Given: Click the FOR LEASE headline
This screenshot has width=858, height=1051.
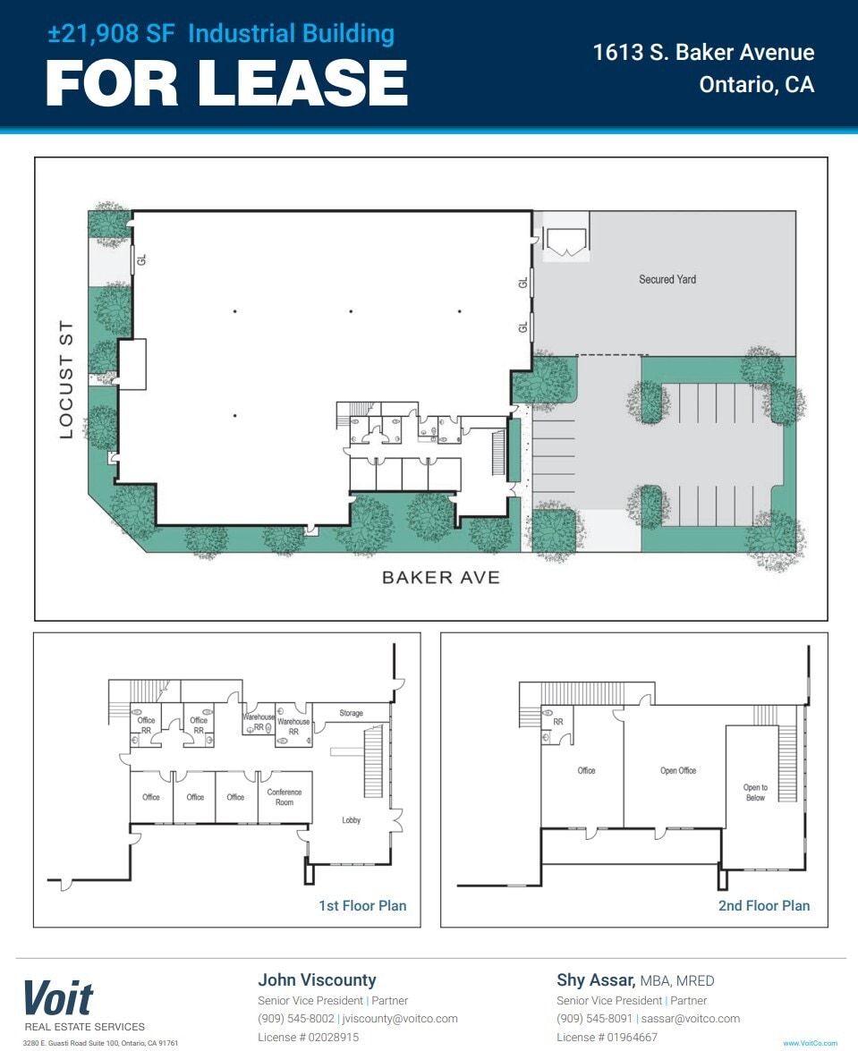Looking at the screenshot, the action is click(226, 83).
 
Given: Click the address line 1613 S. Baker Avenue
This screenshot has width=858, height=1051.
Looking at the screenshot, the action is click(703, 52).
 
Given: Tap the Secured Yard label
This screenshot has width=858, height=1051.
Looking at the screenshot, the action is click(667, 279).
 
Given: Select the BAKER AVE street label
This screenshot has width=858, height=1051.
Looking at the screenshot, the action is click(440, 578).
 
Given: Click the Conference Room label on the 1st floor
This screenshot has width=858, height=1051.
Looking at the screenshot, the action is click(285, 797).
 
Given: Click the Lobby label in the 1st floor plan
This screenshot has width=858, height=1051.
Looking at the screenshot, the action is click(352, 820).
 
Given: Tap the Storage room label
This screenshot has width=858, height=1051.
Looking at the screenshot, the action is click(351, 713).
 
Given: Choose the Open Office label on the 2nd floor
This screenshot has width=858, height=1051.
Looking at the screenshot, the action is click(678, 770).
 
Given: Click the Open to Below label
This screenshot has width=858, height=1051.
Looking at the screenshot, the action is click(755, 792).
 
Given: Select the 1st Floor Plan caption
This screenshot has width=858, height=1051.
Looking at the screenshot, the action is click(362, 905).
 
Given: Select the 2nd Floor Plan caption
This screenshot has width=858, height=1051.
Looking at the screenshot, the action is click(763, 905).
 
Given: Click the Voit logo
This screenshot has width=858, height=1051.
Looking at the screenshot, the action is click(58, 997).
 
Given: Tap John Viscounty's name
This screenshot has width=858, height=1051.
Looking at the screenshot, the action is click(317, 979).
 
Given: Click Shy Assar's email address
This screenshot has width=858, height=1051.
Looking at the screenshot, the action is click(692, 1019).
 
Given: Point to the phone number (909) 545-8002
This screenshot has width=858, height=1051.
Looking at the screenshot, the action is click(296, 1019).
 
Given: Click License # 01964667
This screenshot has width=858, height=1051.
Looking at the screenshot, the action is click(607, 1038).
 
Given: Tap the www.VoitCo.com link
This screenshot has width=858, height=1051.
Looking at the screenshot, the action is click(810, 1043).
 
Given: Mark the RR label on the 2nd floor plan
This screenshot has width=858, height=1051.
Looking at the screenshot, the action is click(557, 721).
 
